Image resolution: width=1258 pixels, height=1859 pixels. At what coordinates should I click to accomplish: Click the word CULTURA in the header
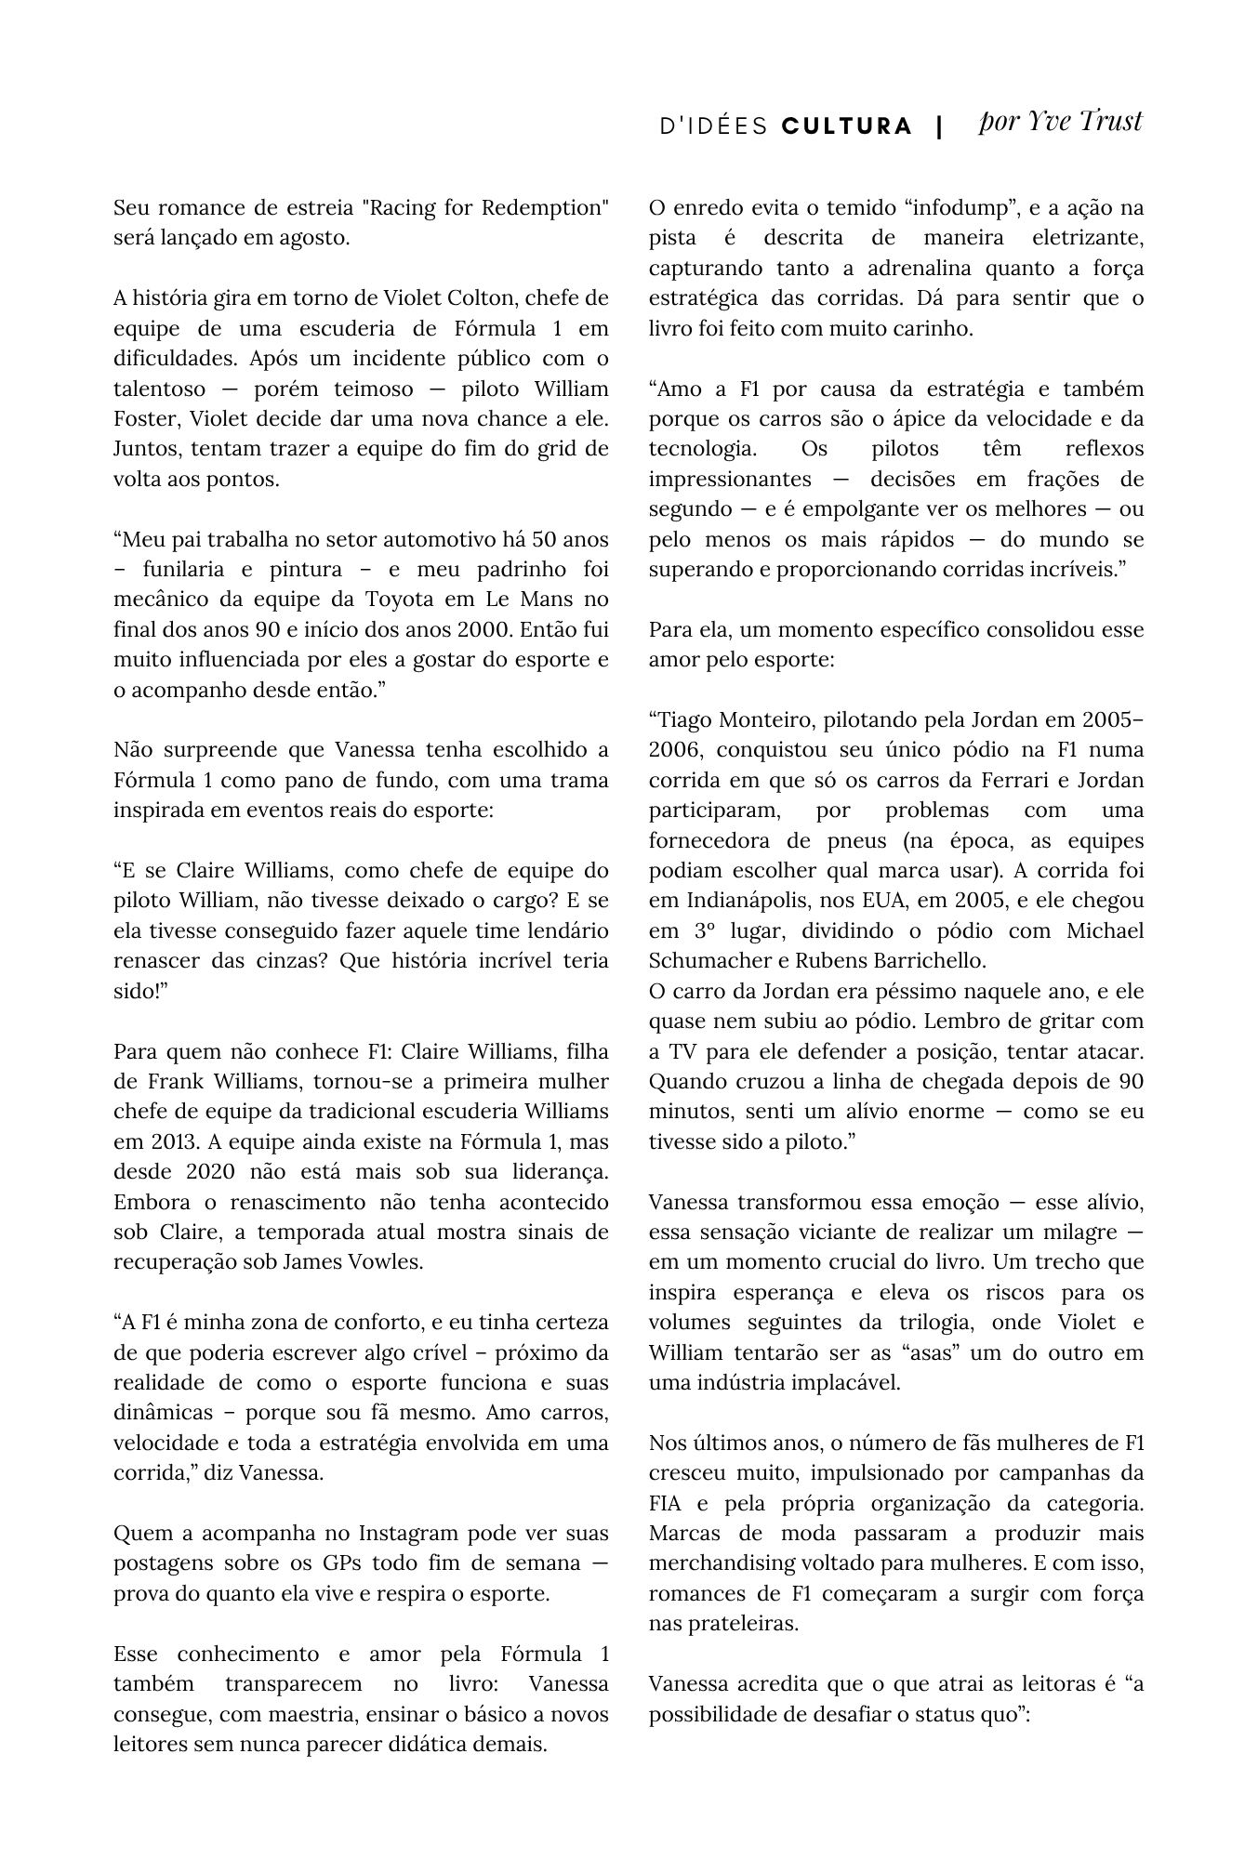847,126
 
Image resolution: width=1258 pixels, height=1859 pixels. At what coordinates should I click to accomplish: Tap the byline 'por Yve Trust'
1060,122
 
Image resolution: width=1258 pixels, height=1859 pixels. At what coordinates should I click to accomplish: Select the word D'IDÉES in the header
713,126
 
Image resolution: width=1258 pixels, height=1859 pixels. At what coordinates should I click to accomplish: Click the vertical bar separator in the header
940,126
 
